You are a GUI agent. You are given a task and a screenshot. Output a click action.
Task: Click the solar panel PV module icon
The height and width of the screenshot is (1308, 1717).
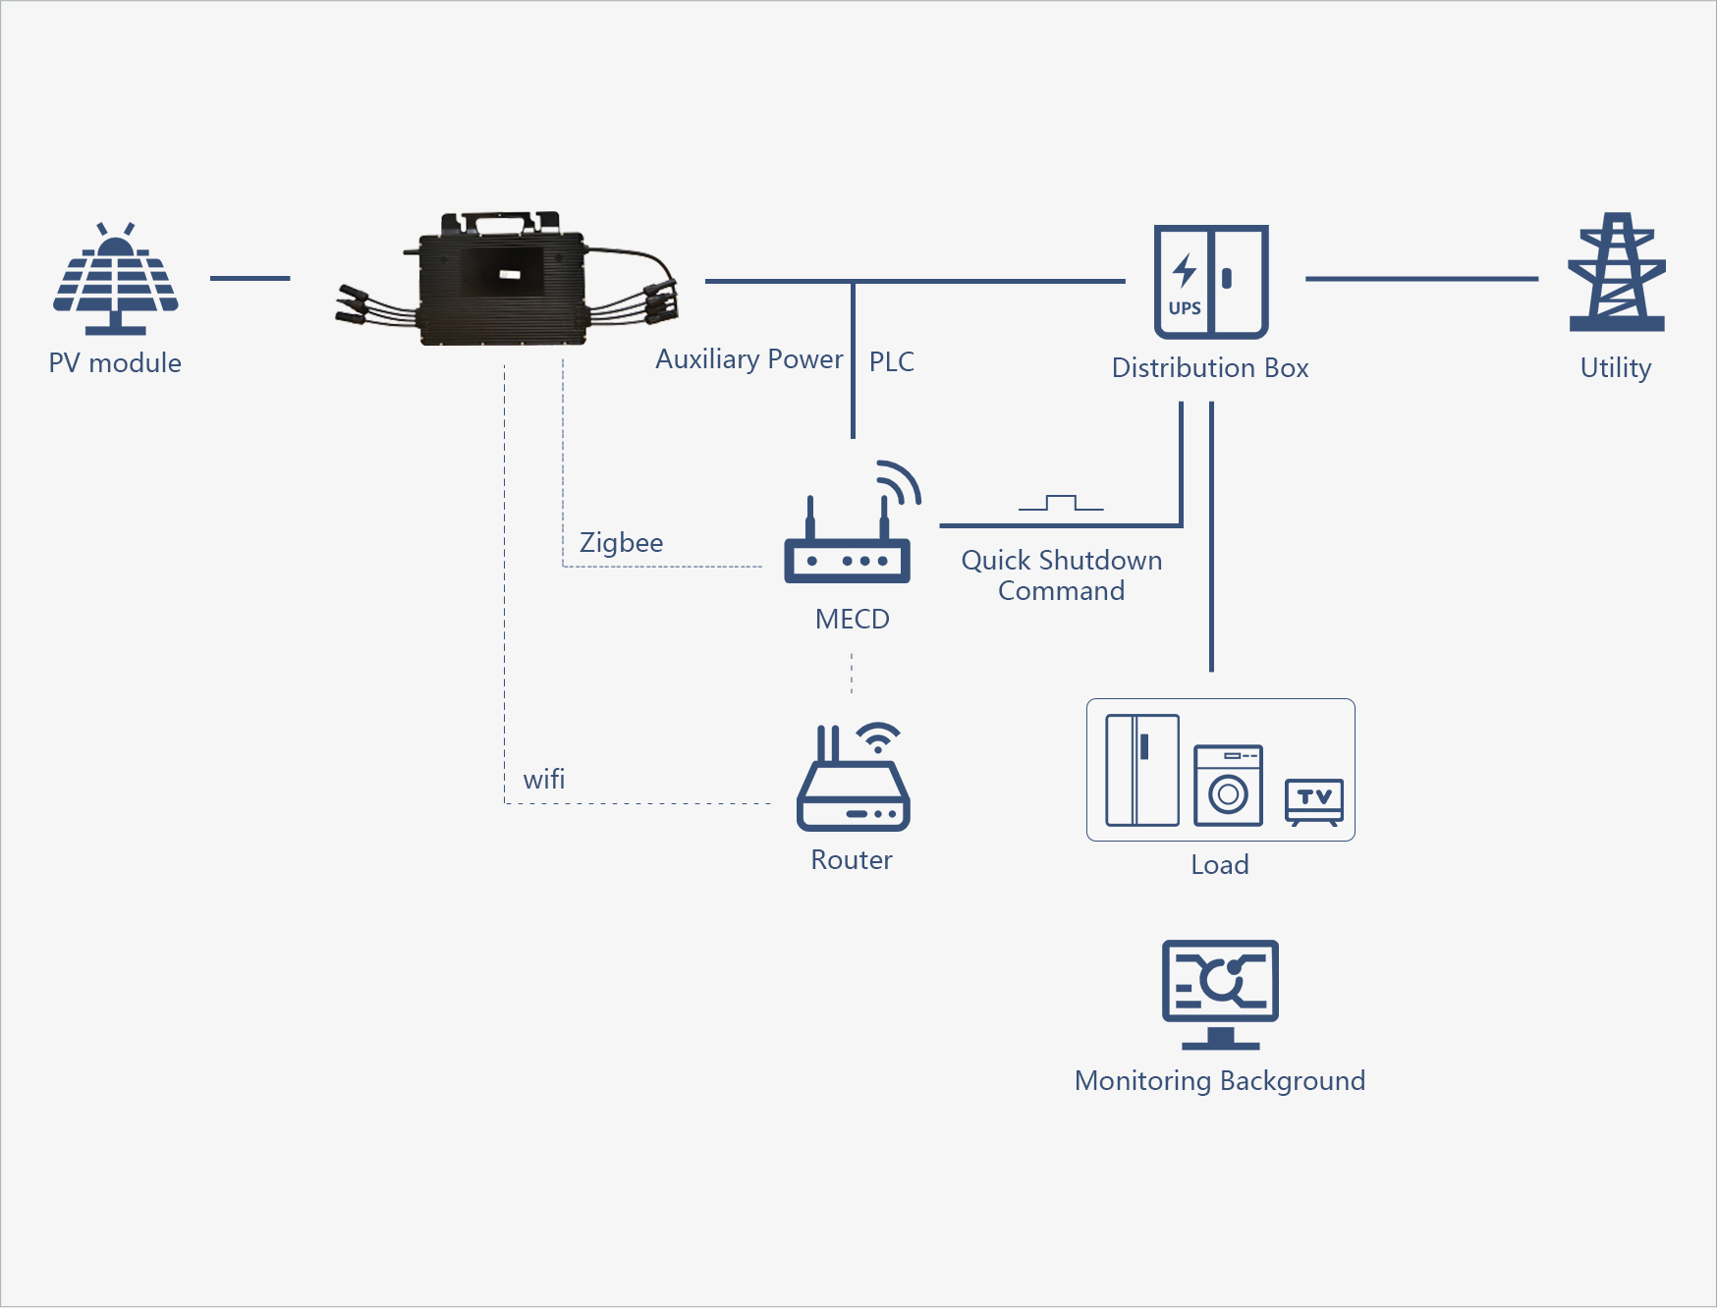[x=116, y=280]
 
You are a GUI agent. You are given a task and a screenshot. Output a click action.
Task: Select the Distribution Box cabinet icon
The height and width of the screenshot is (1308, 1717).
[x=1211, y=282]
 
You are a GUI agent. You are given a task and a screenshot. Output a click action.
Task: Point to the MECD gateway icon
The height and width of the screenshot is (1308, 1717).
[x=850, y=535]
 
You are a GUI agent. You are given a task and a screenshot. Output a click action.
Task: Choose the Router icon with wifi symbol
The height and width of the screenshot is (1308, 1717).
[x=853, y=781]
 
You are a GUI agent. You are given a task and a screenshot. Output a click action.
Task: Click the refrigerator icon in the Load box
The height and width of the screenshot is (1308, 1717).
[x=1141, y=770]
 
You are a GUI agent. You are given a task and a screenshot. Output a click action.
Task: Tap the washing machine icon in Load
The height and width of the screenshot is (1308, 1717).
[x=1228, y=786]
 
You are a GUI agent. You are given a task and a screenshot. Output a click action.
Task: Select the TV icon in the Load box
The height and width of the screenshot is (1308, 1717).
[x=1314, y=800]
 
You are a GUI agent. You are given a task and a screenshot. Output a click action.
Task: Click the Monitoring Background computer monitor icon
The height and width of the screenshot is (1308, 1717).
[x=1220, y=992]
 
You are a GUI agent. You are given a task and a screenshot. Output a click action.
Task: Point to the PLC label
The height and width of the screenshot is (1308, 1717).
[x=891, y=362]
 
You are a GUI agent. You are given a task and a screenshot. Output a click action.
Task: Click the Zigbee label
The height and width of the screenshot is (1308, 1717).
[x=621, y=543]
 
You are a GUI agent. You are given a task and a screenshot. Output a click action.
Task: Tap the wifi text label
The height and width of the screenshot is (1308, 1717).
[x=543, y=780]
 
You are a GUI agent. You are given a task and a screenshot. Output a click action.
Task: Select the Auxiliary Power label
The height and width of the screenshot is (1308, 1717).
[x=748, y=359]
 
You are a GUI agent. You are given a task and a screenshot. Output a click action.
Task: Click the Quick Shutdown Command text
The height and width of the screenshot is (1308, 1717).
[x=1061, y=575]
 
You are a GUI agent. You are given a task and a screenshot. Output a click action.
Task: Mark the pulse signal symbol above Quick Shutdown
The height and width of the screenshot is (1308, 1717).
[x=1061, y=503]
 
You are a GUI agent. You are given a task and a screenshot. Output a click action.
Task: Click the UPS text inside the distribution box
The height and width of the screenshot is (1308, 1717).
[x=1185, y=308]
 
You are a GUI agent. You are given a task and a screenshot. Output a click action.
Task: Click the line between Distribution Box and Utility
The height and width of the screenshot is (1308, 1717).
[x=1420, y=279]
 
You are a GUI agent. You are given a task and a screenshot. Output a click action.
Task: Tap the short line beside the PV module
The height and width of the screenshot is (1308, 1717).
[x=249, y=278]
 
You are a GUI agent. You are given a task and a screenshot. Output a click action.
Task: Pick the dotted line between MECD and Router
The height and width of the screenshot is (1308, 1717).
[x=852, y=675]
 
